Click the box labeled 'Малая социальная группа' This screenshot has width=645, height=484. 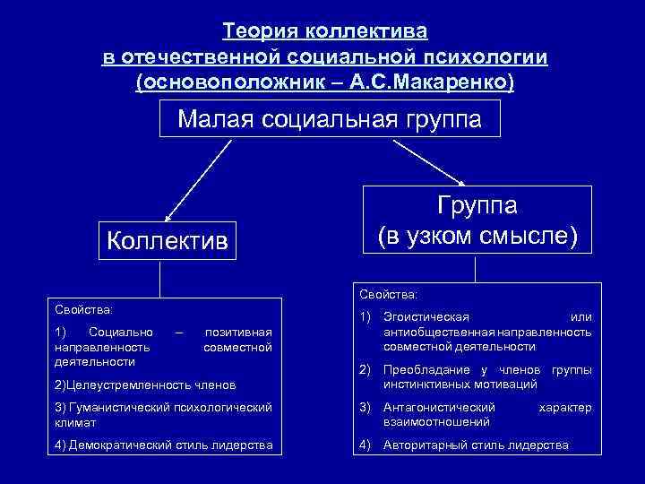[x=330, y=119]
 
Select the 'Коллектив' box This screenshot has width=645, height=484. [x=167, y=240]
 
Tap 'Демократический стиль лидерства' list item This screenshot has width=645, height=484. [x=162, y=445]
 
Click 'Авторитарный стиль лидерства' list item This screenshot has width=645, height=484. [x=475, y=445]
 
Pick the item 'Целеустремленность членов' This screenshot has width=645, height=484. [x=145, y=385]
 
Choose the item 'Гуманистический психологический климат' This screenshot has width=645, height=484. [x=162, y=413]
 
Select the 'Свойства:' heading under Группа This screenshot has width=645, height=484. [x=388, y=293]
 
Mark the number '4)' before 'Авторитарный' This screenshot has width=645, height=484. [x=365, y=445]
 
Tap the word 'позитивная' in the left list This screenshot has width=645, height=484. [x=238, y=333]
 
